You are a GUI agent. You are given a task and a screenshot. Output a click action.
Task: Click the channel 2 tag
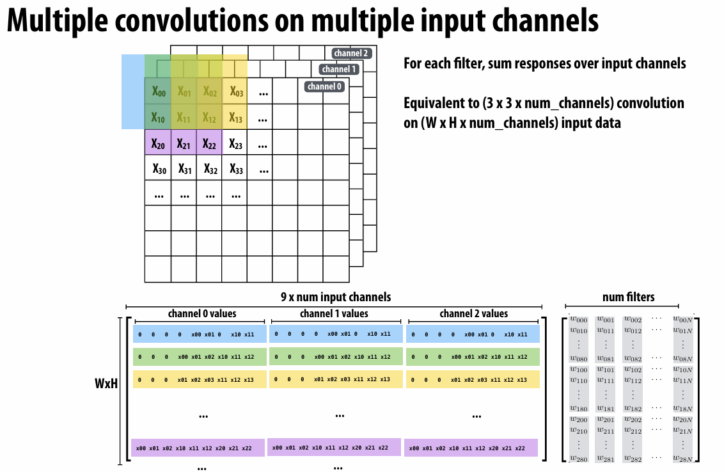351,53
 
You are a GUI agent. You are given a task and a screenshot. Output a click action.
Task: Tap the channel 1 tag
338,69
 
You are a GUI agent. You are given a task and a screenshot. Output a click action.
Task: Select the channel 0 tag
324,86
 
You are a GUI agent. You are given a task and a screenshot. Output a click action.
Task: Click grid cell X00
158,91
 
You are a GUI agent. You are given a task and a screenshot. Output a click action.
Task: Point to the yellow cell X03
236,91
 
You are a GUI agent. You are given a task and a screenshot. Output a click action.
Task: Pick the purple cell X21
184,144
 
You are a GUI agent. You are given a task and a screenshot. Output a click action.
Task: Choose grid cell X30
158,169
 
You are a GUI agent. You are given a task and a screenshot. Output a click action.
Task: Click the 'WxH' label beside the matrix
106,386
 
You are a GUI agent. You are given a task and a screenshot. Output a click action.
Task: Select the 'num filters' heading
629,297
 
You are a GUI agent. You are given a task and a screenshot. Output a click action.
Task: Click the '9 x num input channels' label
335,297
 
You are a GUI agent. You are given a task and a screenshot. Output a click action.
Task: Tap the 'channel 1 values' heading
334,313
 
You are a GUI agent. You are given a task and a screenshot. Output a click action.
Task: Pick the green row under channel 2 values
473,357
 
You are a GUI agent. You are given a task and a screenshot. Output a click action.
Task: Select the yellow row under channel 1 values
336,379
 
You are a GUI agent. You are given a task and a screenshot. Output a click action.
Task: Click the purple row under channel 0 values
198,448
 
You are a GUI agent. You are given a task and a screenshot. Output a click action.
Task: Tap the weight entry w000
578,320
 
